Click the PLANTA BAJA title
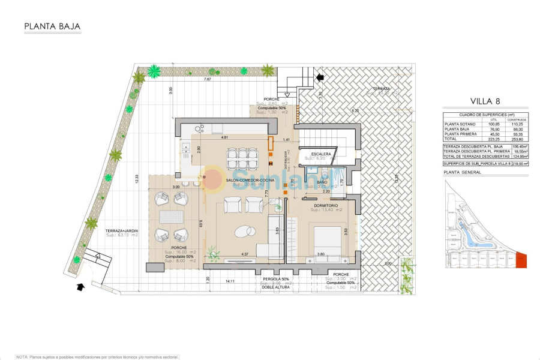[x=52, y=26]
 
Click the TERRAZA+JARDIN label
[x=122, y=231]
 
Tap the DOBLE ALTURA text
[x=275, y=287]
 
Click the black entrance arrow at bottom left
[x=80, y=287]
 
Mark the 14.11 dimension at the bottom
[x=230, y=281]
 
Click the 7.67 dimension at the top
[x=208, y=80]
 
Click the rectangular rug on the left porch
[x=169, y=215]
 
